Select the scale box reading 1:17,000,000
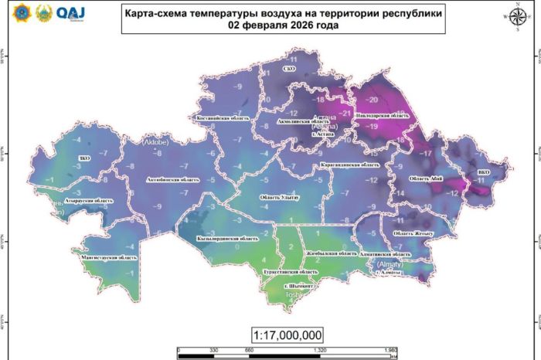click(x=287, y=335)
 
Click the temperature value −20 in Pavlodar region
click(x=373, y=100)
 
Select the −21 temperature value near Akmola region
click(x=345, y=113)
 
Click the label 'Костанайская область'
click(x=223, y=118)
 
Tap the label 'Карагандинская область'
click(x=349, y=165)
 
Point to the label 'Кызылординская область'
click(x=226, y=239)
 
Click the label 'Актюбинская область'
click(x=169, y=179)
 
